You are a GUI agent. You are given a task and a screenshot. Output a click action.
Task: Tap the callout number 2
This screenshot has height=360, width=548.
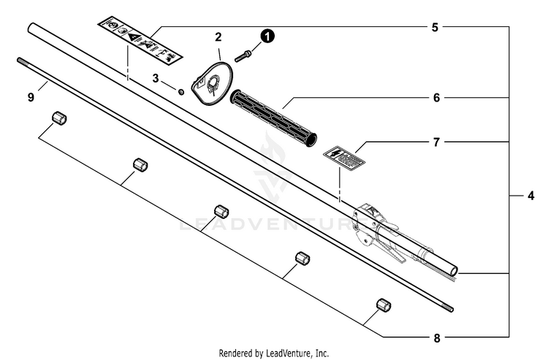click(x=218, y=36)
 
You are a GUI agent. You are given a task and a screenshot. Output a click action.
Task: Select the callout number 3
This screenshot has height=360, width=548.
click(x=156, y=77)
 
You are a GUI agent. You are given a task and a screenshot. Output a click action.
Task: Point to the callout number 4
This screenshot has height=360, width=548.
click(x=531, y=196)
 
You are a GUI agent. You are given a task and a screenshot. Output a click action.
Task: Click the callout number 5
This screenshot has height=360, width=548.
click(x=435, y=28)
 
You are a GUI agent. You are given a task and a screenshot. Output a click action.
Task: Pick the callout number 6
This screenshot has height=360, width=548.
click(x=435, y=97)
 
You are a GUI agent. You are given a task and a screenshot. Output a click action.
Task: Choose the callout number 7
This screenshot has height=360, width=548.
click(x=435, y=142)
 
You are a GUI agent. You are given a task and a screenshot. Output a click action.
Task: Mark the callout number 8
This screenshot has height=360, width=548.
click(x=435, y=337)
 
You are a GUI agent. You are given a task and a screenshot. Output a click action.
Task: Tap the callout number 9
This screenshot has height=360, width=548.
click(x=31, y=97)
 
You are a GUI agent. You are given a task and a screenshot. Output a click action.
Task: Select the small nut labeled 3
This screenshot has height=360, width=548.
click(x=180, y=91)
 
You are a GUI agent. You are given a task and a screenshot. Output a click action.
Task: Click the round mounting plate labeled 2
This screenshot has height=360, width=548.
click(x=213, y=83)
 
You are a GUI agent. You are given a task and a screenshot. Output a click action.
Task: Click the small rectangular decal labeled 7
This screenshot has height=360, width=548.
click(x=344, y=157)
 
